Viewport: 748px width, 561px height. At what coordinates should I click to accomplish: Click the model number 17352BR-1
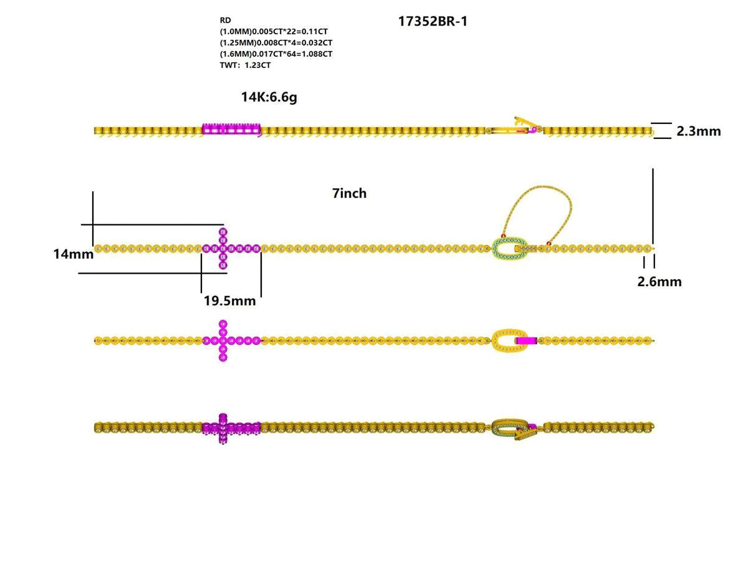tap(433, 22)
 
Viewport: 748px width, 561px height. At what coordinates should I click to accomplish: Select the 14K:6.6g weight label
tap(269, 97)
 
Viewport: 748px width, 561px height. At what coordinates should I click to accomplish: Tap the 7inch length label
tap(349, 194)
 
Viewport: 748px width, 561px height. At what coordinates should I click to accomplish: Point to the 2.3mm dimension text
tap(698, 132)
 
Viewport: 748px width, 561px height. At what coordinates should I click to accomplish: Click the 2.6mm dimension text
tap(659, 282)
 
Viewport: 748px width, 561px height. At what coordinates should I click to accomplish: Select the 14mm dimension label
tap(73, 254)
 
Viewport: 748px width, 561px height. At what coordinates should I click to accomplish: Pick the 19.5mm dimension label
tap(229, 301)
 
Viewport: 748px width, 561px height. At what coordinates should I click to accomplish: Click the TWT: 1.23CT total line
tap(245, 65)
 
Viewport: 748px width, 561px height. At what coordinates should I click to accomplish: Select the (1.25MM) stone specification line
tap(276, 42)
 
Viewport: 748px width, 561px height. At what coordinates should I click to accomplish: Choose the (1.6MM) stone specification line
tap(276, 54)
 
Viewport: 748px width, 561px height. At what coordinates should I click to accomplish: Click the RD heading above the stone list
tap(225, 20)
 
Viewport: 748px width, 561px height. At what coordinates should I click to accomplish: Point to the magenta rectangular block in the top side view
tap(231, 130)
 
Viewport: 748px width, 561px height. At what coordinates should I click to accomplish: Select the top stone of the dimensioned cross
tap(223, 232)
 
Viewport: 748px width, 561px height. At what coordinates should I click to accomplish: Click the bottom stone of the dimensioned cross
tap(223, 266)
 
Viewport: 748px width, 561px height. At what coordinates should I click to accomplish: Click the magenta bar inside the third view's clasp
tap(527, 341)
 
